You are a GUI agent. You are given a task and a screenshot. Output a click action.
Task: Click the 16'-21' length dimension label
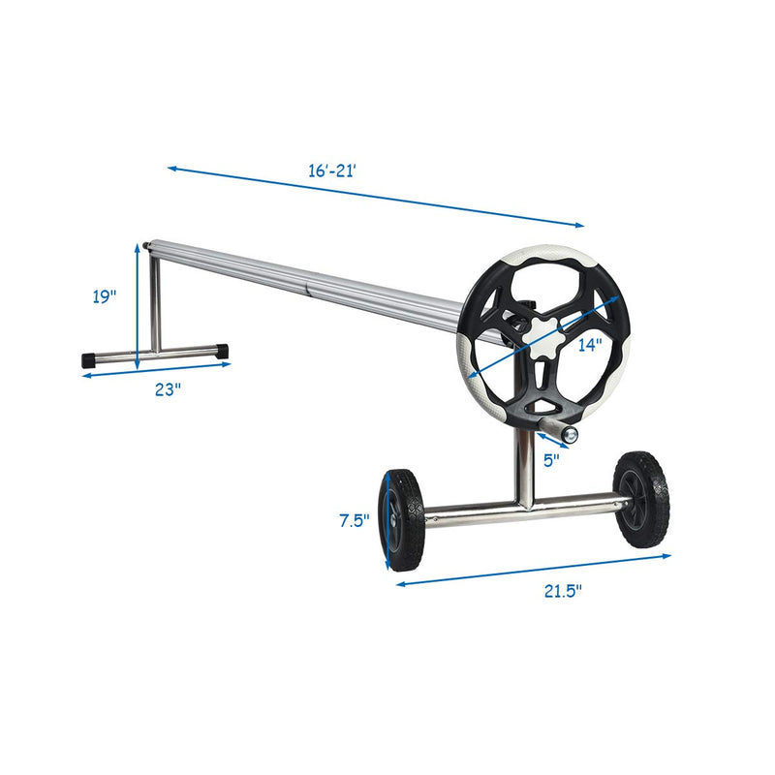click(x=333, y=170)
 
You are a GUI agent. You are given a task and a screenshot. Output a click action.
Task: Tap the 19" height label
click(x=105, y=297)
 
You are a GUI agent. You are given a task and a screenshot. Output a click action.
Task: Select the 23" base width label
click(x=168, y=389)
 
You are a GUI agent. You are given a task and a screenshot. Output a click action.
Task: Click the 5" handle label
click(x=551, y=461)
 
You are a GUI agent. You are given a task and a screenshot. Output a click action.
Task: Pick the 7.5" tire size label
click(x=355, y=520)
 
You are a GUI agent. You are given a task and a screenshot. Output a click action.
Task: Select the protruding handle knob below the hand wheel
click(x=569, y=435)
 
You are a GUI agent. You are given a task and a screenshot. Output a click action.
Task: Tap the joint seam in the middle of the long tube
click(x=309, y=289)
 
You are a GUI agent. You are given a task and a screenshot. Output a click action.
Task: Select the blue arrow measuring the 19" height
click(x=137, y=306)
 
